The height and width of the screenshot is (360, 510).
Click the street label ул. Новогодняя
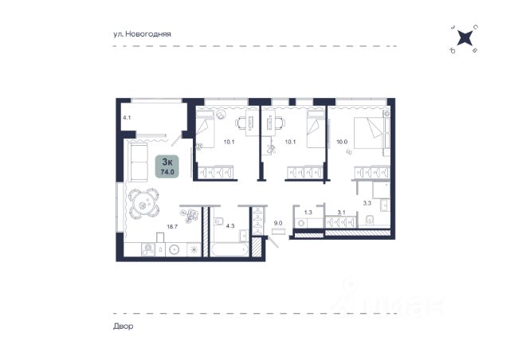(x=142, y=33)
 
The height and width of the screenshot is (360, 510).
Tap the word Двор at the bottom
(x=124, y=327)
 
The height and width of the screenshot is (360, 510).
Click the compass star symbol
(x=465, y=37)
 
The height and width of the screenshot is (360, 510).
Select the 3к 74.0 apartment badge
(x=167, y=166)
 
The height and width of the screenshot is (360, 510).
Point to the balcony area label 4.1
(x=127, y=118)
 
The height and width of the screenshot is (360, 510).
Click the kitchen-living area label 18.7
(x=172, y=227)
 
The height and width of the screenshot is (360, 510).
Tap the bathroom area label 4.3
(x=230, y=225)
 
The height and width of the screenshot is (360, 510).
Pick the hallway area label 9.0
(x=278, y=223)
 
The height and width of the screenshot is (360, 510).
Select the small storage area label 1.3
(x=308, y=213)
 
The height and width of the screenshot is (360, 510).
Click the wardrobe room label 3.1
(x=341, y=213)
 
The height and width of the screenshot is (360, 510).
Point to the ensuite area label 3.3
(x=367, y=203)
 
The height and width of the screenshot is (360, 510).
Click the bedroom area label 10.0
(x=342, y=142)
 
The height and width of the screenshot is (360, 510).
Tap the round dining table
(x=143, y=205)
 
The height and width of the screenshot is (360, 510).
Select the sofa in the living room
(x=138, y=162)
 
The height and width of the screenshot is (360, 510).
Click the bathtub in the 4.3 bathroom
(x=229, y=250)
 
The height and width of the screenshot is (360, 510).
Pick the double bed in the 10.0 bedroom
(x=368, y=132)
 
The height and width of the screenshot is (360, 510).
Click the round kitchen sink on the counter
(x=175, y=249)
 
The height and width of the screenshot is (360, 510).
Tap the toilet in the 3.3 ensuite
(x=370, y=220)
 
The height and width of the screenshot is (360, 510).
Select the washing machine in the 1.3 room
(x=301, y=224)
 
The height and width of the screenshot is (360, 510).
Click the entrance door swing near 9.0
(x=273, y=242)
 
